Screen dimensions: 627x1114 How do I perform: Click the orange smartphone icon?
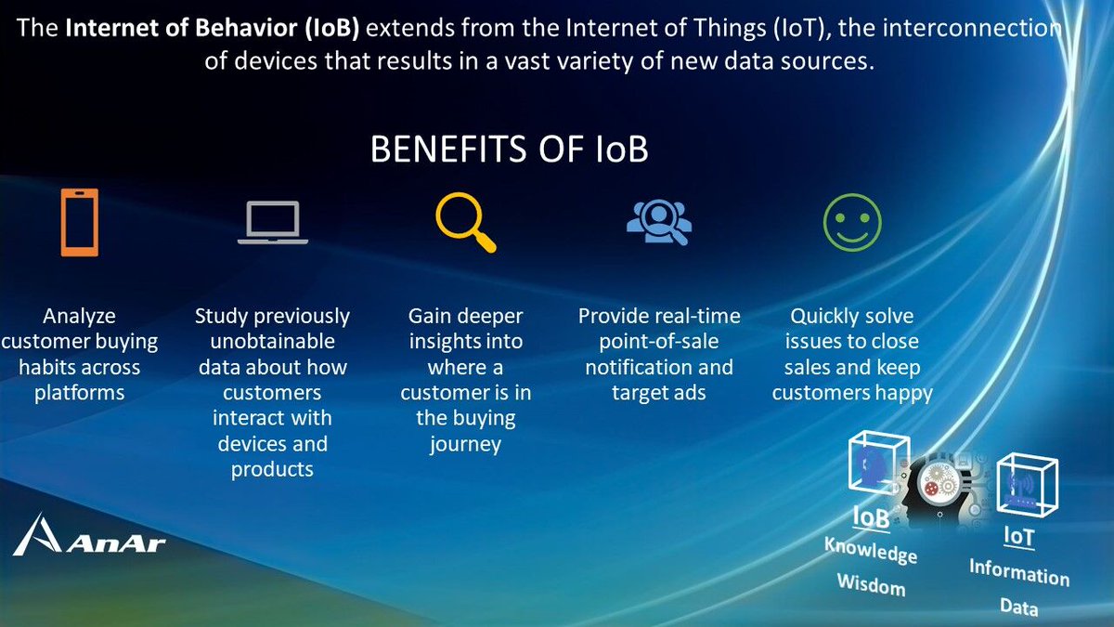click(x=80, y=221)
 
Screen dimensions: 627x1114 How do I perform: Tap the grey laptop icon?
click(x=272, y=223)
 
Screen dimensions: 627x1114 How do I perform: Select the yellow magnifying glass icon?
click(x=464, y=223)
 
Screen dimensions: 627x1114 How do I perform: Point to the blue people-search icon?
click(x=658, y=223)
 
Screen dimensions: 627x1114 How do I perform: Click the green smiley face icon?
click(x=851, y=223)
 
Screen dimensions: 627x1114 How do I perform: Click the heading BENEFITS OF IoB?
click(x=509, y=149)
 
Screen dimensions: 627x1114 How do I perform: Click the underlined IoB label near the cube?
click(x=871, y=517)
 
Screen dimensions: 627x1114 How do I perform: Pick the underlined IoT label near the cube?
click(x=1017, y=536)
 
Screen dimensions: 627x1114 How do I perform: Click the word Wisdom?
click(x=871, y=584)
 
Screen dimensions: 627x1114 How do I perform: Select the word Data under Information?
click(x=1018, y=607)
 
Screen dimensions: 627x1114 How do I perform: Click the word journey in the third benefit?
click(x=465, y=444)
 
